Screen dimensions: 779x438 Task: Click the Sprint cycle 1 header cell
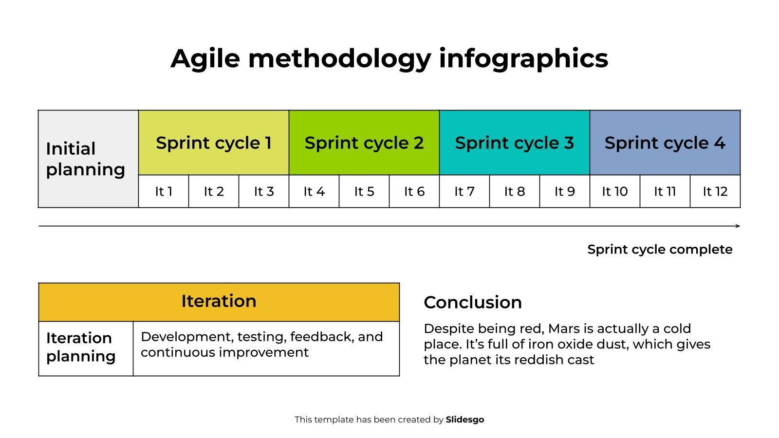[x=214, y=143]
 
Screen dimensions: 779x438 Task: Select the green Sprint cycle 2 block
[x=364, y=143]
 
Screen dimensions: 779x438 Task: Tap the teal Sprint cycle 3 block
[x=515, y=143]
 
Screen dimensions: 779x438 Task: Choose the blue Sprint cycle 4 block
[x=665, y=143]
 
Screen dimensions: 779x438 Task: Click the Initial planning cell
[x=88, y=159]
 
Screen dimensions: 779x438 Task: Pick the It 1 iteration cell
[x=164, y=191]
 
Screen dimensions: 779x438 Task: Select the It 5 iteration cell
[x=364, y=191]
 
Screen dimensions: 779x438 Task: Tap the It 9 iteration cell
[x=565, y=191]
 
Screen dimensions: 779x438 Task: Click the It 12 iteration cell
[x=715, y=191]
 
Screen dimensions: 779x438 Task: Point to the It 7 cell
[x=464, y=191]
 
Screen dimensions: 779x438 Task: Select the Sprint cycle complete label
[x=660, y=250]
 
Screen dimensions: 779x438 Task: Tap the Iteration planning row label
[x=81, y=347]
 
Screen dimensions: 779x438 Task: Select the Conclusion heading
[x=473, y=302]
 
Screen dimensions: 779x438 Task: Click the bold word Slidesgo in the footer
[x=465, y=420]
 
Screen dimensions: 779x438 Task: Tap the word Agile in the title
[x=205, y=59]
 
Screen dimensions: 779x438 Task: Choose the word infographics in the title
[x=523, y=59]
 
